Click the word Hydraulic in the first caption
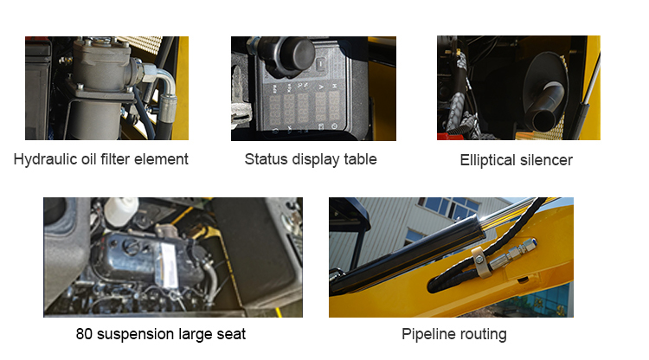pos(39,159)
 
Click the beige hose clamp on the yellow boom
pos(482,262)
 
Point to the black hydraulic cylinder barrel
pos(408,257)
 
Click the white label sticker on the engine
pos(169,266)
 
